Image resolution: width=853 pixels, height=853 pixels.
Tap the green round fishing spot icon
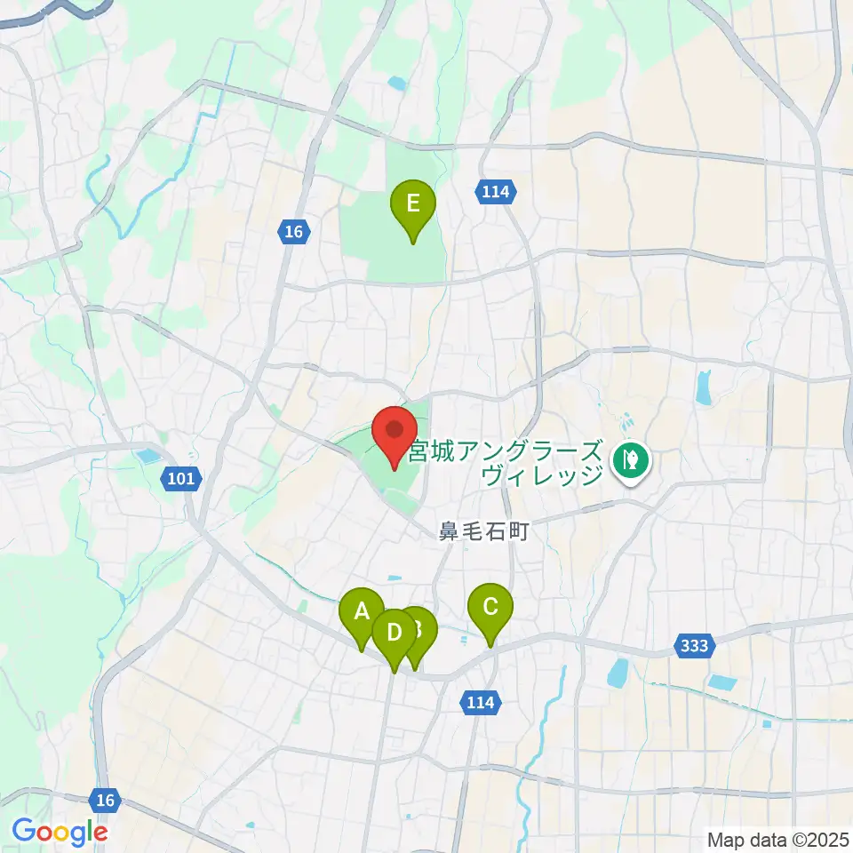(x=632, y=459)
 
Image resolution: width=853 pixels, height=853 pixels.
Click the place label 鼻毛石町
(x=483, y=532)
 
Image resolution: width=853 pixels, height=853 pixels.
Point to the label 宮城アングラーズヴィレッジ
(x=506, y=462)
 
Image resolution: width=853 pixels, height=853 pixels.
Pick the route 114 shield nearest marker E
(x=495, y=191)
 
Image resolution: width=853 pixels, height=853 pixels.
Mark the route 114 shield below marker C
(x=481, y=703)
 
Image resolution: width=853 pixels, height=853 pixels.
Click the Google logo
(x=60, y=832)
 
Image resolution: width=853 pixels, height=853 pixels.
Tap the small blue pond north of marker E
(x=396, y=84)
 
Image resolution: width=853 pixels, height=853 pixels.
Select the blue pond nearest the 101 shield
(x=145, y=458)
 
